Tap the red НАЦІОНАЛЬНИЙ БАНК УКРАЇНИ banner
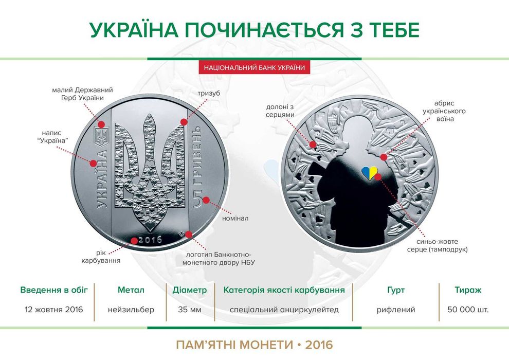[254, 67]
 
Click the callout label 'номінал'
[234, 219]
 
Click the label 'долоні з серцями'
[281, 111]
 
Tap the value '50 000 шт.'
[468, 310]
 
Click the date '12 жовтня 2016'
[54, 310]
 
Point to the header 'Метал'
[131, 290]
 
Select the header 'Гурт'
[396, 290]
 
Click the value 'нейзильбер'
[131, 310]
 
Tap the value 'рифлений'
[396, 310]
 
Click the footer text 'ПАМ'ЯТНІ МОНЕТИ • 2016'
[254, 344]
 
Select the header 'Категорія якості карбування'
[284, 290]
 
